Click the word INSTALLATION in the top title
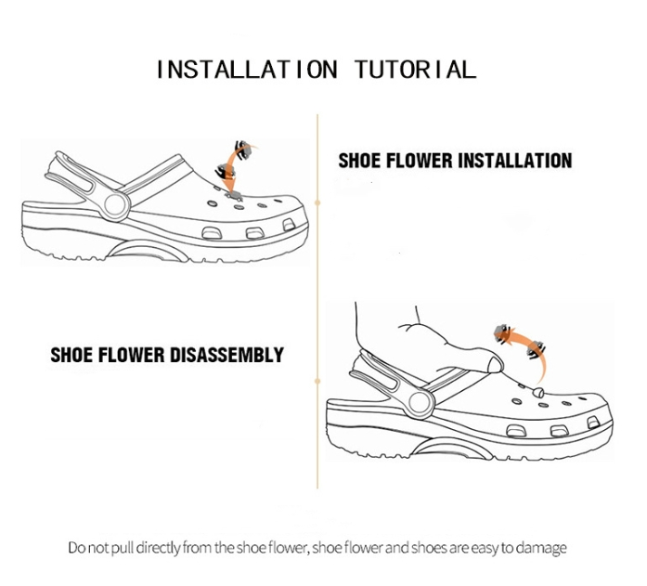247,70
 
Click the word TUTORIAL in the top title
416,70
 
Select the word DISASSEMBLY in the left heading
226,355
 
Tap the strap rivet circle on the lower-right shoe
421,402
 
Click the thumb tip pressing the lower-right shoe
495,365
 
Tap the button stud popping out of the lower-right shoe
538,392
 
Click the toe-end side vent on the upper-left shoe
289,225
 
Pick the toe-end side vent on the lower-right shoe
593,423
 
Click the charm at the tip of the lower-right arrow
503,333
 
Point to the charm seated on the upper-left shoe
233,195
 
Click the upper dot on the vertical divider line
317,202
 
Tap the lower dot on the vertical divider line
317,381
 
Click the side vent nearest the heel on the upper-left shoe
212,233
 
